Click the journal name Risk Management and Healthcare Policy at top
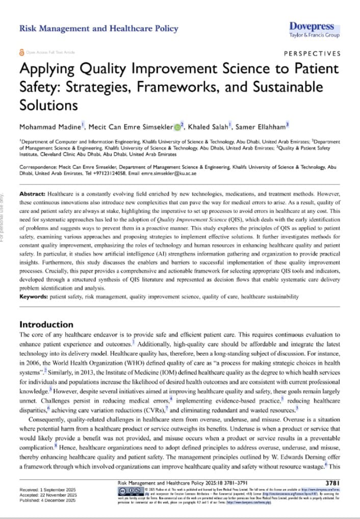[98, 29]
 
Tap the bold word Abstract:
[33, 194]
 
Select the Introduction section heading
[46, 325]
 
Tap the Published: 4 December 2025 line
[47, 501]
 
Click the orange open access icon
[21, 53]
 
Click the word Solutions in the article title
[48, 105]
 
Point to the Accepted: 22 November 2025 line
[47, 495]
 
